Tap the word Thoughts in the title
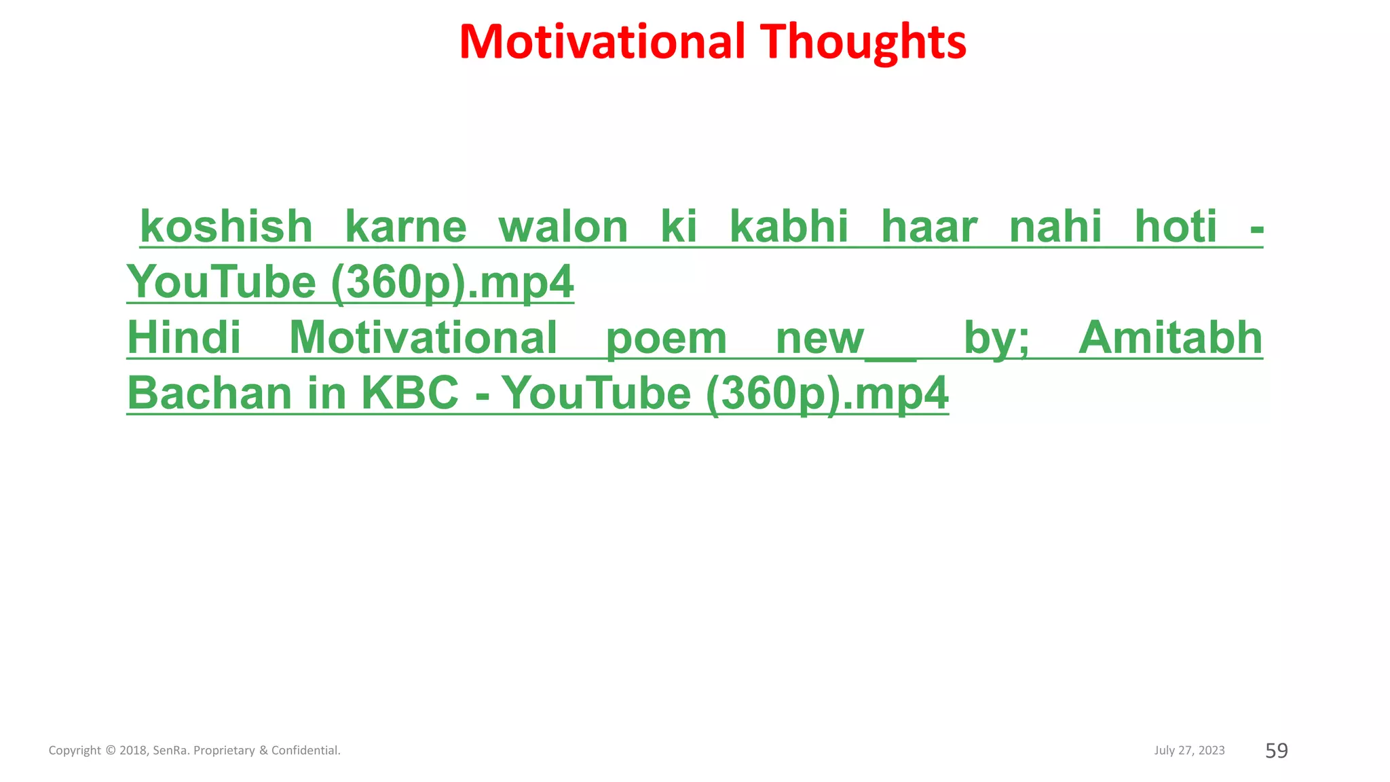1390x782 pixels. pos(863,42)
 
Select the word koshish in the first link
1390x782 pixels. pos(226,227)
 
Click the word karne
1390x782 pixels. pos(406,227)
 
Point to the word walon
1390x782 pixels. pos(563,227)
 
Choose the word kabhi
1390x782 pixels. pos(789,227)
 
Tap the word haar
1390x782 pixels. pos(929,227)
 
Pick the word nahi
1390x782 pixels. pos(1055,227)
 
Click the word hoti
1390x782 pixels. pos(1176,227)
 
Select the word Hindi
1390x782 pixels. pos(184,338)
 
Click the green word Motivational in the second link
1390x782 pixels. pos(424,338)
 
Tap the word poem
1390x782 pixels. pos(666,339)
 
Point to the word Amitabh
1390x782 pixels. pos(1170,338)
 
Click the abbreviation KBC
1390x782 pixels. pos(410,394)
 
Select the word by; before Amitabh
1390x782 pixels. pos(996,339)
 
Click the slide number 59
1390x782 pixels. pos(1277,750)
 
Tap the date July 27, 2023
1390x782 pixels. pos(1189,750)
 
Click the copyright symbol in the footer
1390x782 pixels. pos(111,750)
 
